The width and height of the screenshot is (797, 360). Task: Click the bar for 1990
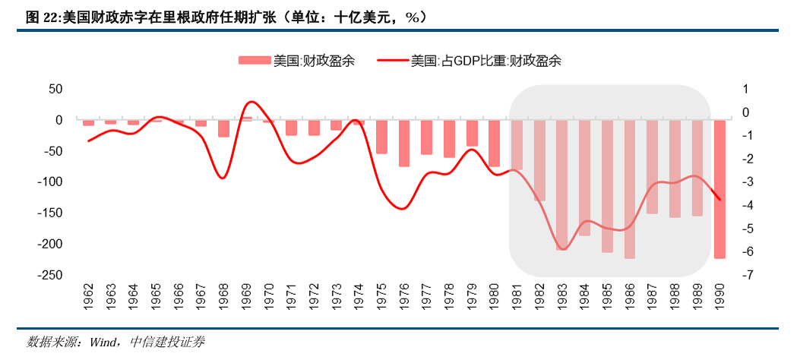tap(719, 189)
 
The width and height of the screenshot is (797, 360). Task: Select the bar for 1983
tap(561, 185)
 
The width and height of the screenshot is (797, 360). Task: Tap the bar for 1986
tap(629, 189)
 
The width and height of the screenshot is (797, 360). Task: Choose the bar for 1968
tap(223, 128)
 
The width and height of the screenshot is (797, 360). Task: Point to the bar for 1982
tap(539, 160)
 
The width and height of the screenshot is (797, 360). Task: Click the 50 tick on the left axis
tap(55, 89)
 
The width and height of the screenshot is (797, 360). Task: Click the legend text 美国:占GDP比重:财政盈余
tap(485, 62)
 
